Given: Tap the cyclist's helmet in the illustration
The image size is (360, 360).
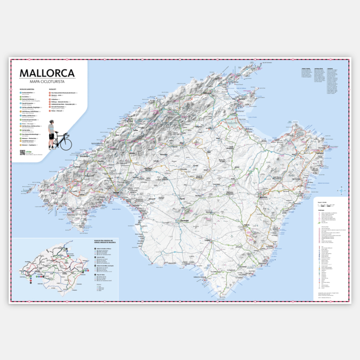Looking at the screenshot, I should coord(52,123).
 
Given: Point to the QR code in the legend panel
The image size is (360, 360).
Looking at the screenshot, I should coord(22,152).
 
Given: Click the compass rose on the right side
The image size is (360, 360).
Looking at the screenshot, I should coord(342,191).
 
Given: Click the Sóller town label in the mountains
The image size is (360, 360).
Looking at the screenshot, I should coord(136,130).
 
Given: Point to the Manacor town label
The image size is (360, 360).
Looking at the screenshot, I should coord(264,197).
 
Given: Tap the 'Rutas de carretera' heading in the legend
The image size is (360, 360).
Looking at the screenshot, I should coord(27,89).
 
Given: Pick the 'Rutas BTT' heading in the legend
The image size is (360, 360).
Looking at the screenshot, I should coord(53,89).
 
